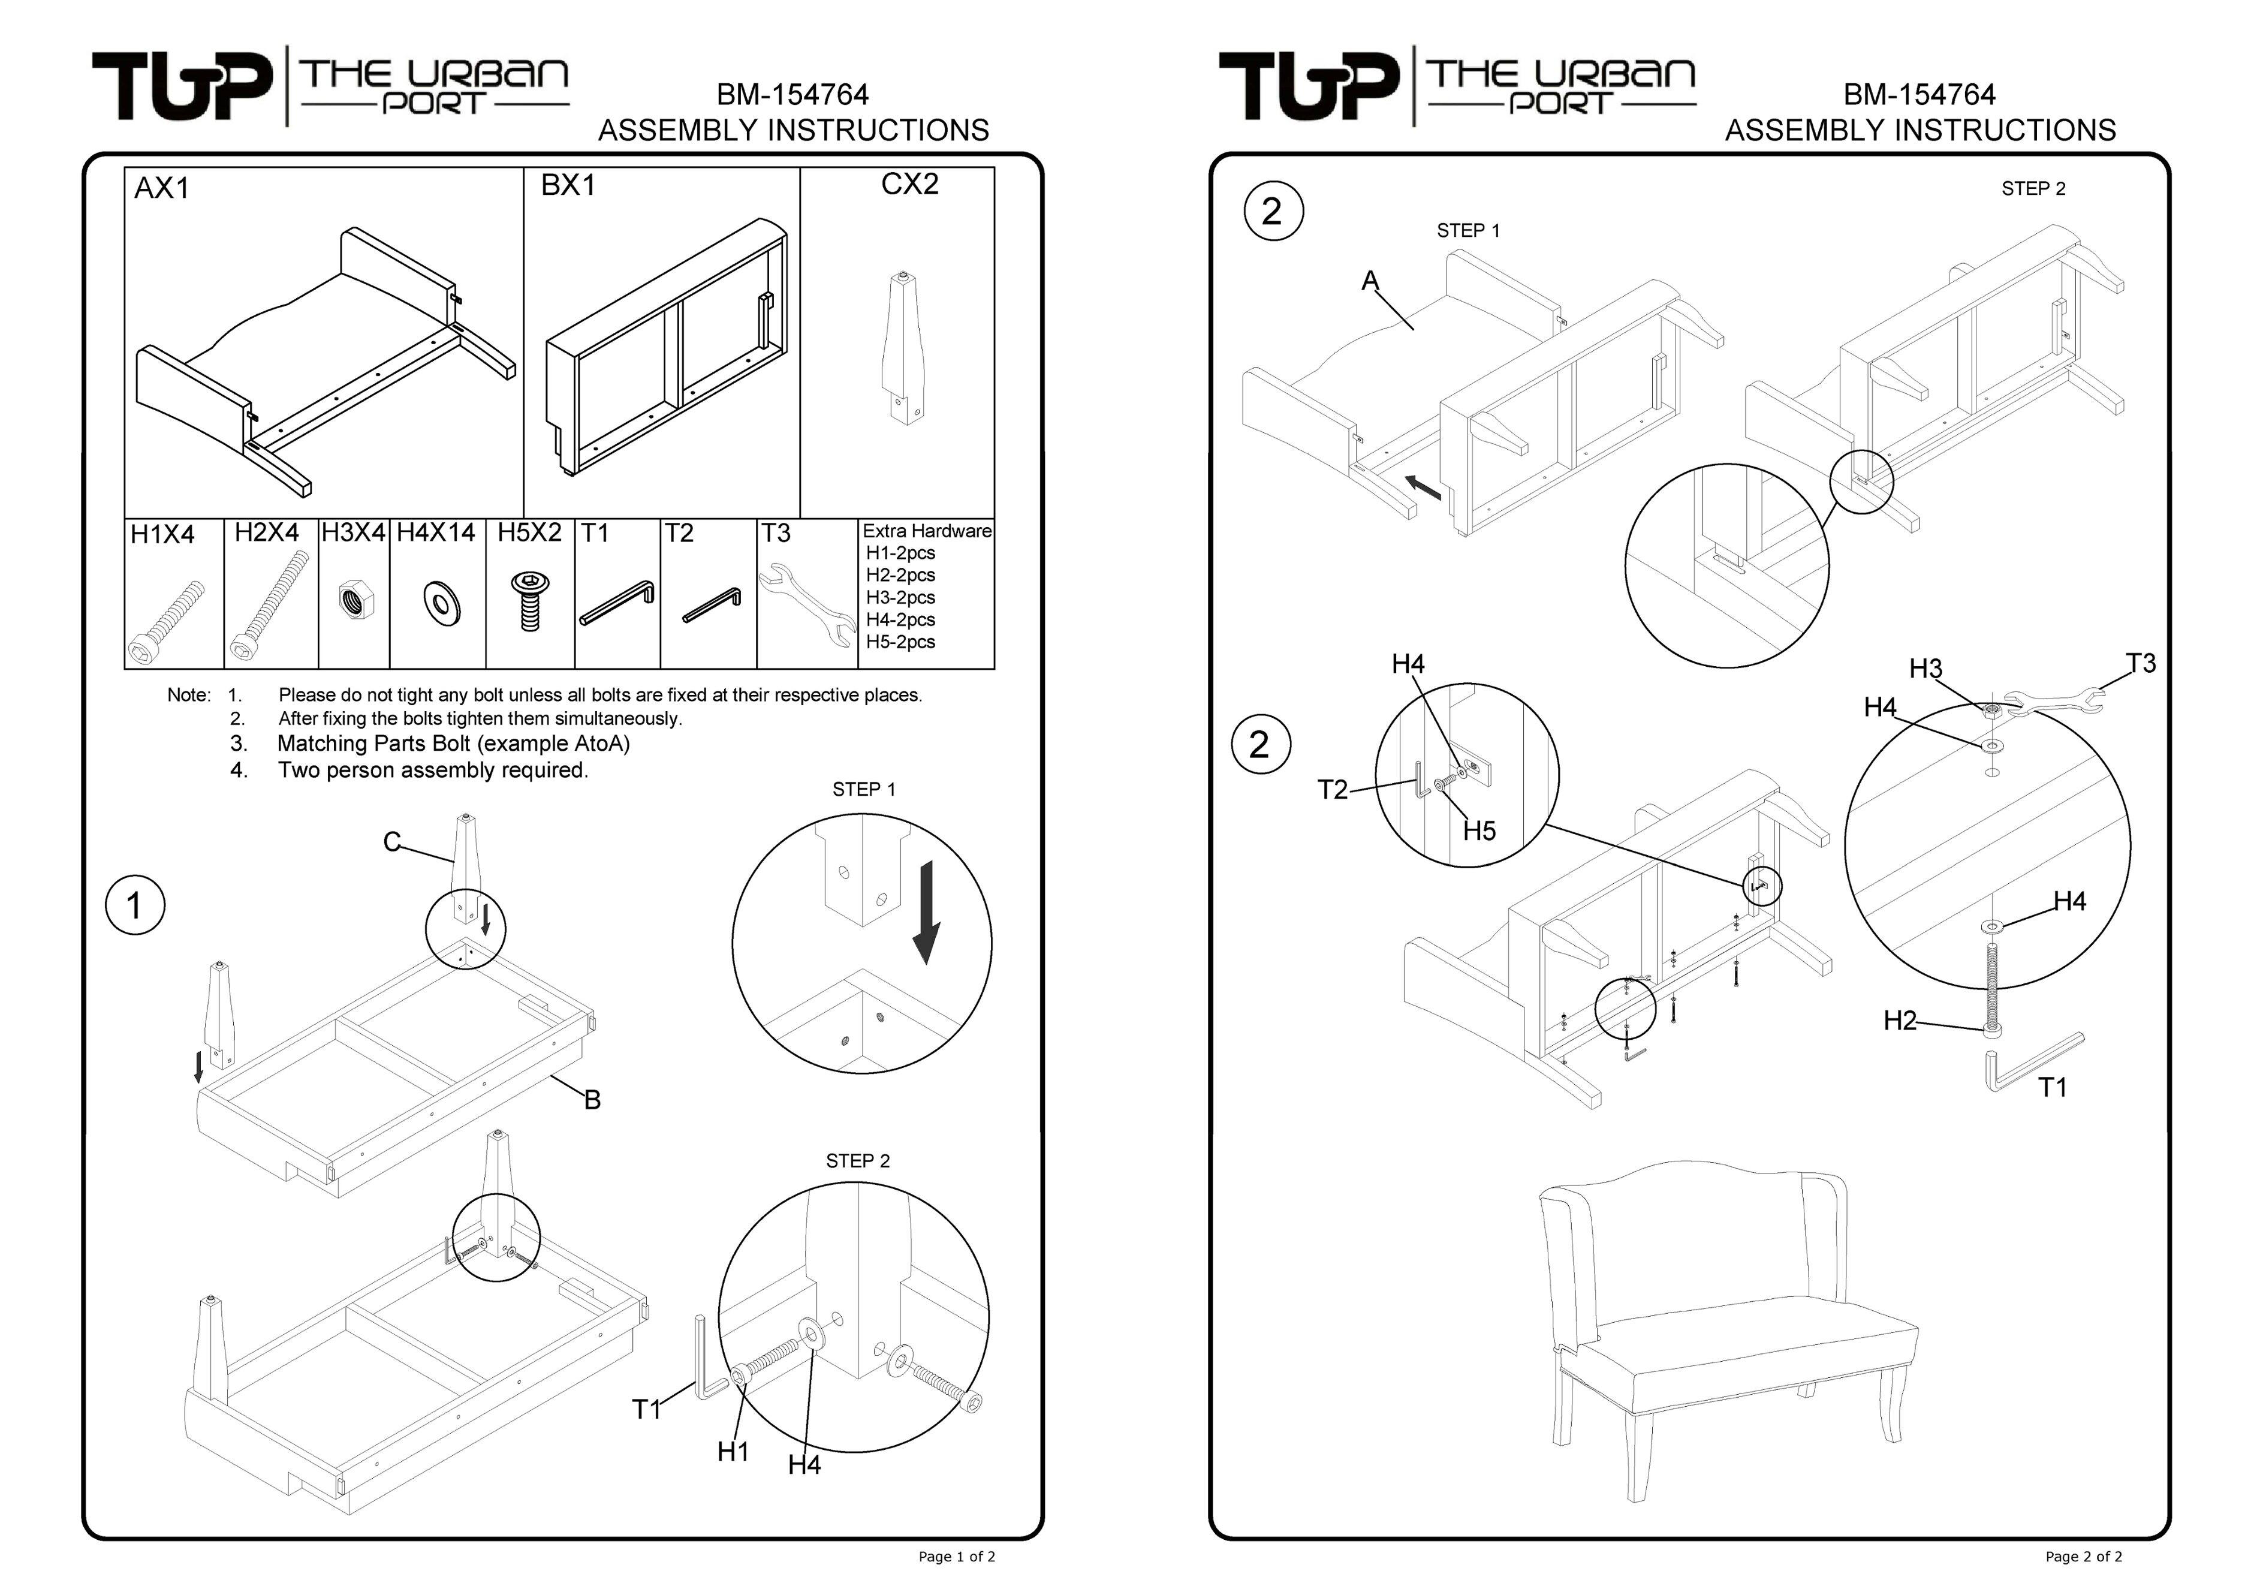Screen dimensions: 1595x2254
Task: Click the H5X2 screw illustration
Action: click(529, 601)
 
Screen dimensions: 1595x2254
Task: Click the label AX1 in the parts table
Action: click(162, 188)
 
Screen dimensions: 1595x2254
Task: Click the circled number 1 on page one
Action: click(134, 905)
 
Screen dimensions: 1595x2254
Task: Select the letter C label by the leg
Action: click(391, 842)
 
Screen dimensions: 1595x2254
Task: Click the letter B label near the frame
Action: click(592, 1100)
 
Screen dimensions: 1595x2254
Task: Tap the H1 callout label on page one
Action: click(733, 1450)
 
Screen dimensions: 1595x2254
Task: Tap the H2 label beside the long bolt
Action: click(1900, 1021)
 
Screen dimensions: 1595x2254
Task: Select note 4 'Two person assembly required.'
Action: click(432, 770)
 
